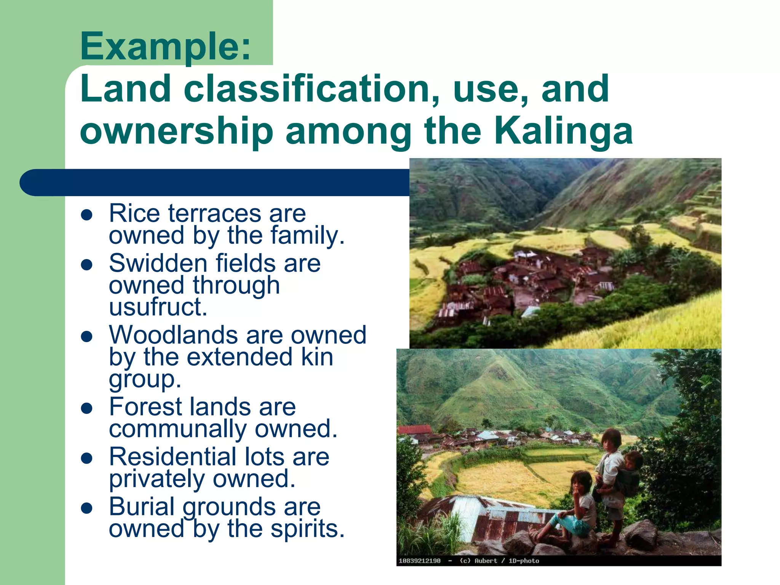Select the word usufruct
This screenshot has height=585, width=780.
[x=158, y=307]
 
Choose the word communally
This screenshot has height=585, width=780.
[x=178, y=429]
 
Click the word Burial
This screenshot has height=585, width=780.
[x=142, y=507]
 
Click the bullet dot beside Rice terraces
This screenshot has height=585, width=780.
[x=87, y=215]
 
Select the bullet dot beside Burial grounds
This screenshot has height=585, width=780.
[x=87, y=508]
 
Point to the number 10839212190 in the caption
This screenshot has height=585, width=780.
[x=419, y=561]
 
